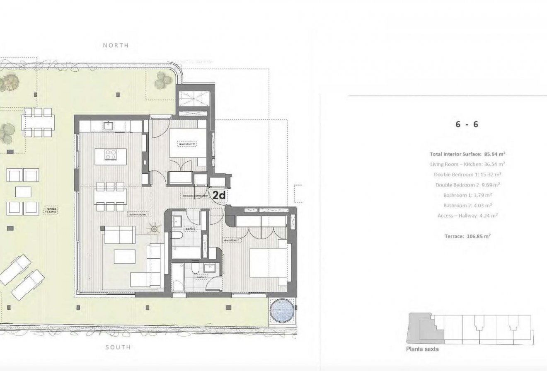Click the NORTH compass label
116,45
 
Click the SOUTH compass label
118,347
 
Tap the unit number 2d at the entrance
219,195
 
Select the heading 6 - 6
467,124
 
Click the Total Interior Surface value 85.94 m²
489,154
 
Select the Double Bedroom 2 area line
467,185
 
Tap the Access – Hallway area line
467,216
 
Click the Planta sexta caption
422,349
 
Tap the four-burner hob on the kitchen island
111,155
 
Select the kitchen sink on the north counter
110,124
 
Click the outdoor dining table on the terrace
38,122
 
